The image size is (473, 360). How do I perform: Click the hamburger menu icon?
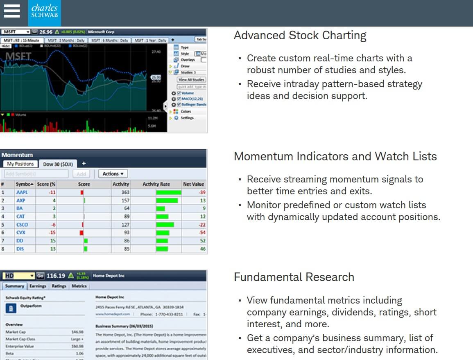click(11, 11)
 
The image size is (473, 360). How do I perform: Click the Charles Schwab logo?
click(45, 13)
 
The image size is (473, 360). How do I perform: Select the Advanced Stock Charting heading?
click(300, 36)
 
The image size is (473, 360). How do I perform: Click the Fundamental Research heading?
click(294, 277)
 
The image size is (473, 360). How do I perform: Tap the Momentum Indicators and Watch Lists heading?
click(335, 157)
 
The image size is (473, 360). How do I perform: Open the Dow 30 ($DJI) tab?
click(58, 164)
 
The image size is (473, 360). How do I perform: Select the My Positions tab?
click(20, 164)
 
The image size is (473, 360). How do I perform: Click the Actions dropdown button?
click(113, 174)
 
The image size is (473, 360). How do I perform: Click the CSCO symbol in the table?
click(22, 225)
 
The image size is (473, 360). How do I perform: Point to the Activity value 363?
click(125, 192)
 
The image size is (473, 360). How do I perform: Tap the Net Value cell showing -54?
click(202, 233)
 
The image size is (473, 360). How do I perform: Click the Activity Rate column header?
click(156, 184)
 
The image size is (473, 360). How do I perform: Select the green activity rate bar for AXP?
click(167, 200)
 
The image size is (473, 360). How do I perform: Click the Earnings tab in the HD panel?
click(38, 286)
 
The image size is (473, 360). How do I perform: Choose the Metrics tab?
click(79, 286)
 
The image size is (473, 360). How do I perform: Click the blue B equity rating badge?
click(10, 308)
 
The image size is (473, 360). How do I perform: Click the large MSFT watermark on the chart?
click(19, 56)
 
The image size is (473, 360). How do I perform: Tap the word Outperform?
click(31, 306)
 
